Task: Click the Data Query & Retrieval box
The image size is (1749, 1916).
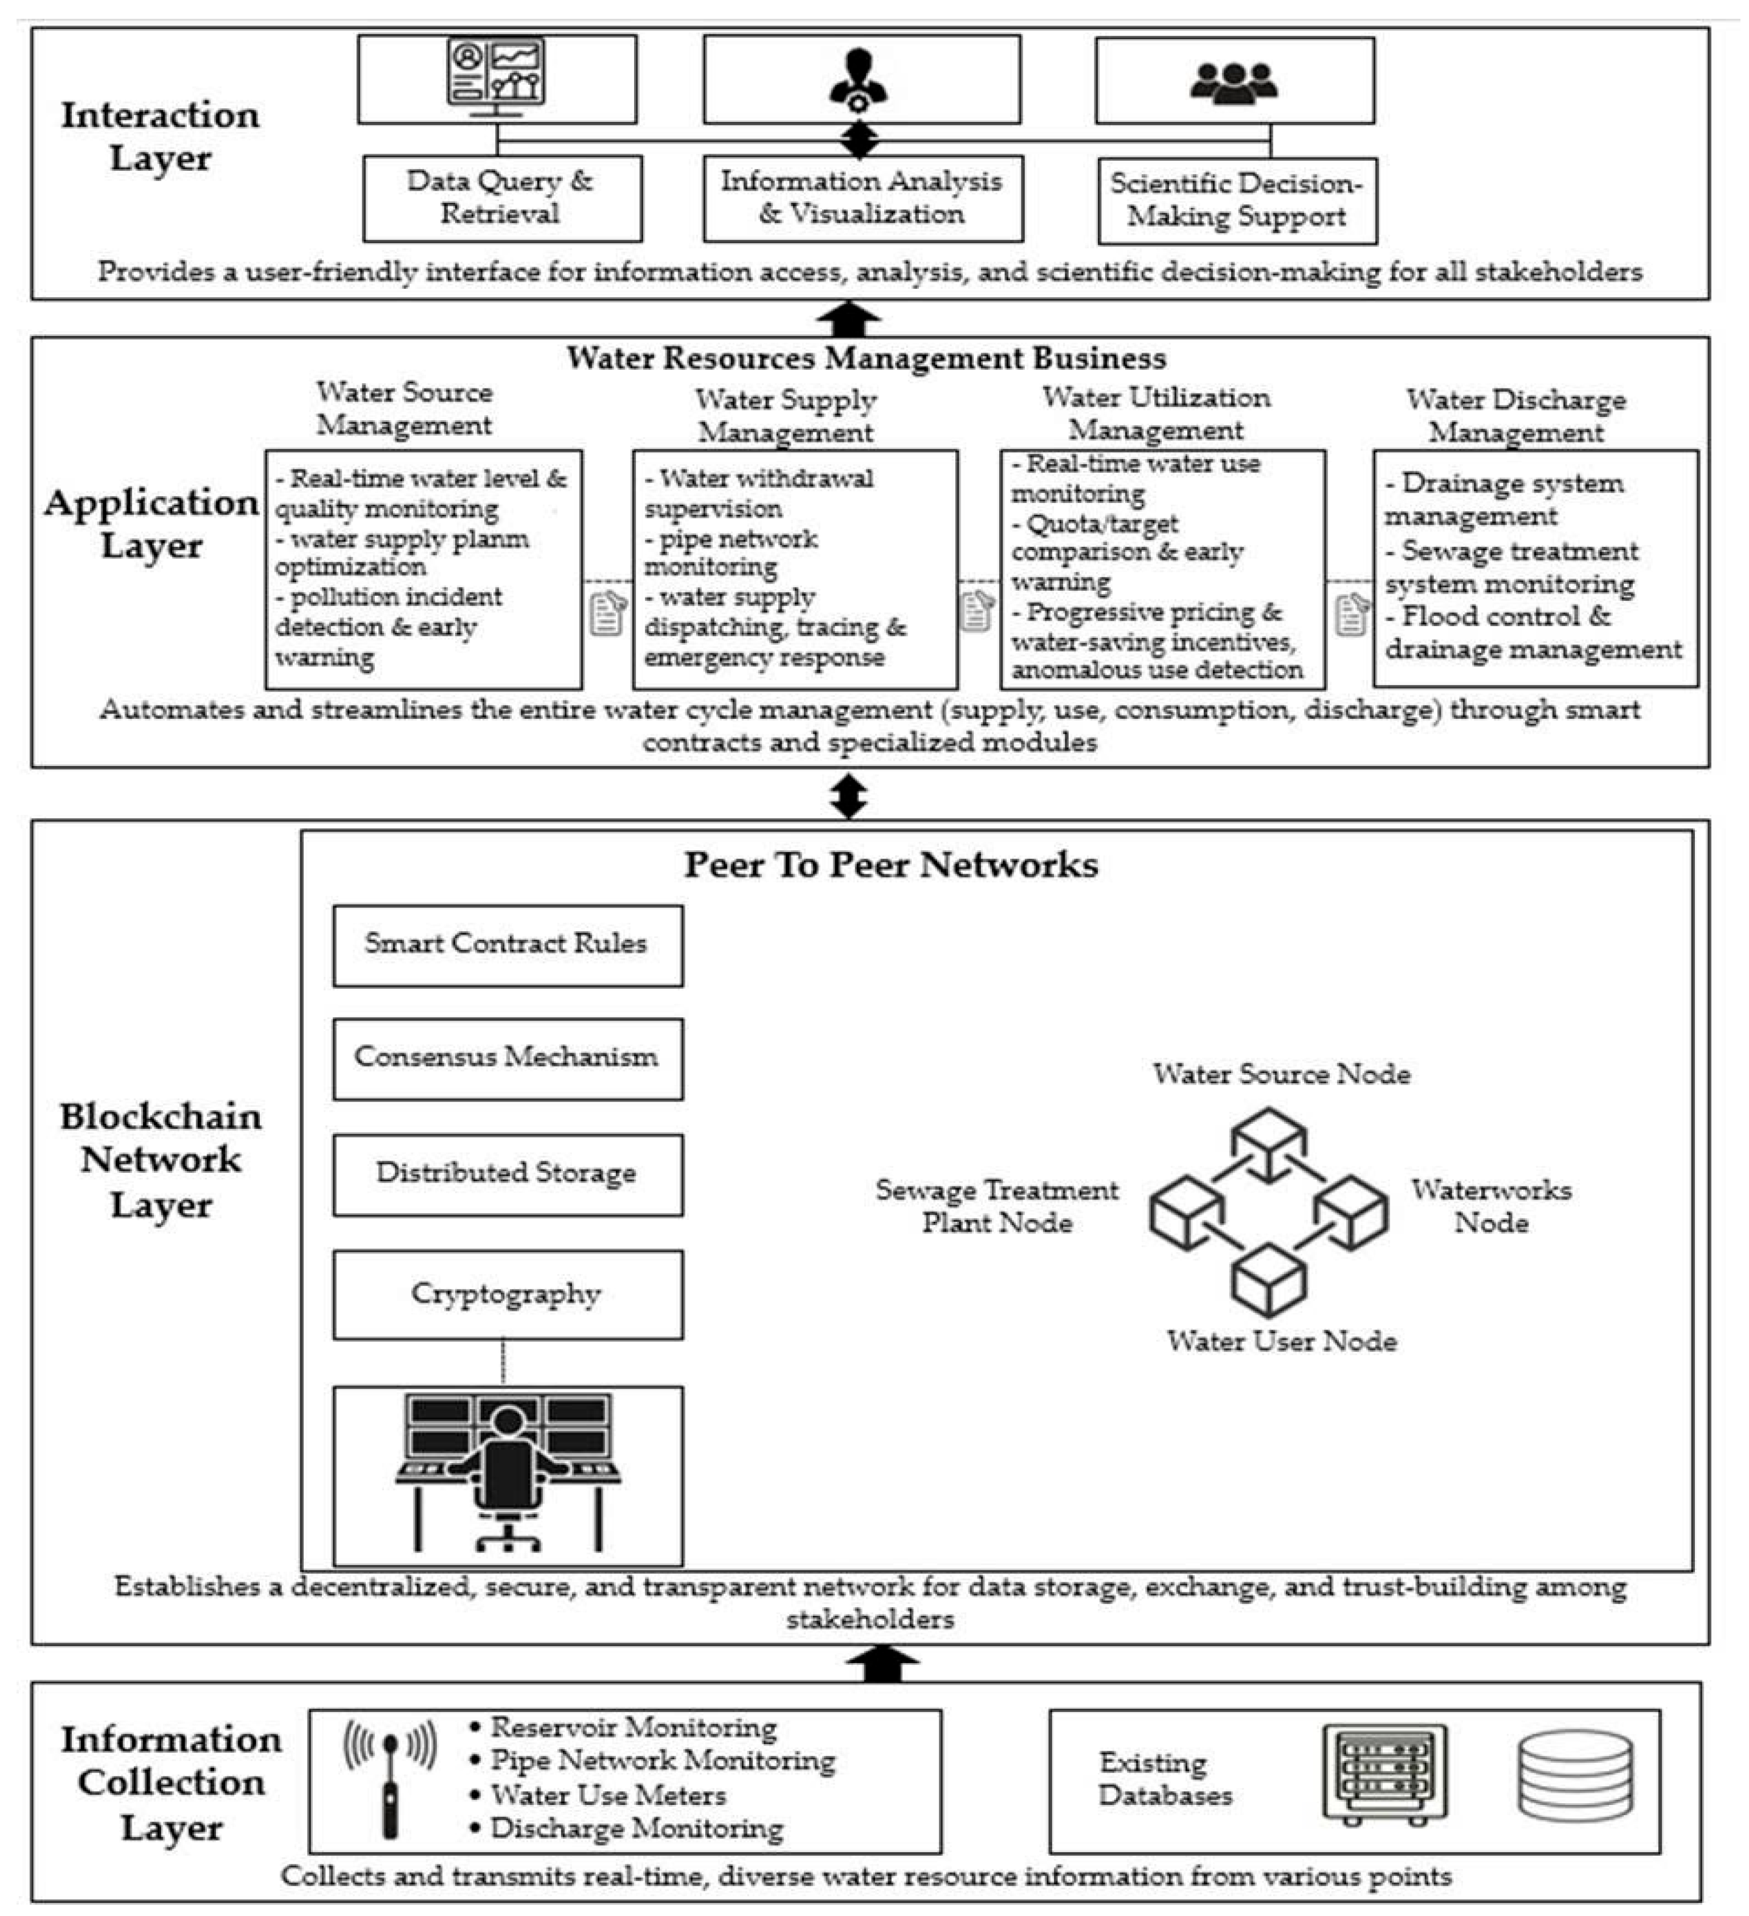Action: pos(502,198)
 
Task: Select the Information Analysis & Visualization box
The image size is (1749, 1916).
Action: pos(862,198)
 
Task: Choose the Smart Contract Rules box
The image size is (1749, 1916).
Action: pos(506,945)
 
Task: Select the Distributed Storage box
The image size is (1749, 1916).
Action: pos(506,1174)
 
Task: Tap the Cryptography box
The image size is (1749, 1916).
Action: pos(506,1295)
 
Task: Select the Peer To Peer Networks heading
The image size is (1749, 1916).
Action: pos(890,865)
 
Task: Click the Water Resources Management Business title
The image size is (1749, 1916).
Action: pos(866,358)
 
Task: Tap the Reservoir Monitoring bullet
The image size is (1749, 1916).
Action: pos(633,1727)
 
